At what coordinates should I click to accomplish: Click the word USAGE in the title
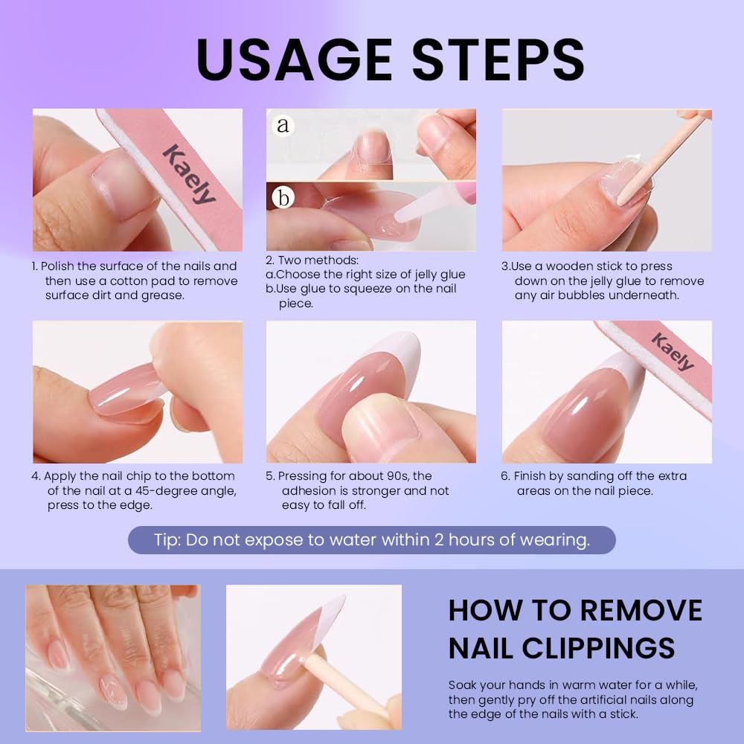click(x=294, y=60)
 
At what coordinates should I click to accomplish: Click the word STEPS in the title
click(x=498, y=60)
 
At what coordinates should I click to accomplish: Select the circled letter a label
click(x=283, y=125)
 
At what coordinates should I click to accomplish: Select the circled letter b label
click(x=283, y=197)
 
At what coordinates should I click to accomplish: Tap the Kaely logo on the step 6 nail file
click(x=673, y=352)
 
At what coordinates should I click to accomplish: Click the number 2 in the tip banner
click(x=439, y=540)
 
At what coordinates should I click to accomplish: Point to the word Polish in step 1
click(x=59, y=266)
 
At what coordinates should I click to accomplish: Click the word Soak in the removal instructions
click(x=463, y=686)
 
